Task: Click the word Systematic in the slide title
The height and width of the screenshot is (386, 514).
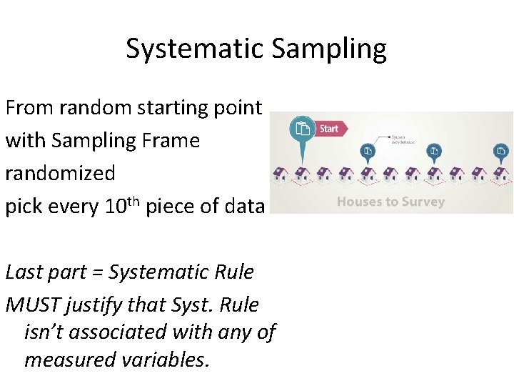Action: [x=190, y=49]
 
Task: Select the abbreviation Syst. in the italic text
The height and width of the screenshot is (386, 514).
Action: [x=189, y=305]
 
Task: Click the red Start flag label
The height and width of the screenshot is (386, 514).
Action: [x=330, y=129]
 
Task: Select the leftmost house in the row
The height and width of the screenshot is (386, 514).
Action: [x=280, y=174]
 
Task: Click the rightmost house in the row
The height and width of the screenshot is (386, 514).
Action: [x=502, y=174]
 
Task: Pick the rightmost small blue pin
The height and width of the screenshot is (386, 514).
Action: [x=502, y=152]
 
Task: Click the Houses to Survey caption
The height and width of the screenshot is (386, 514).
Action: [x=390, y=202]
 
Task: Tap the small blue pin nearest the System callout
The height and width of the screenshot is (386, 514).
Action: [x=367, y=152]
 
